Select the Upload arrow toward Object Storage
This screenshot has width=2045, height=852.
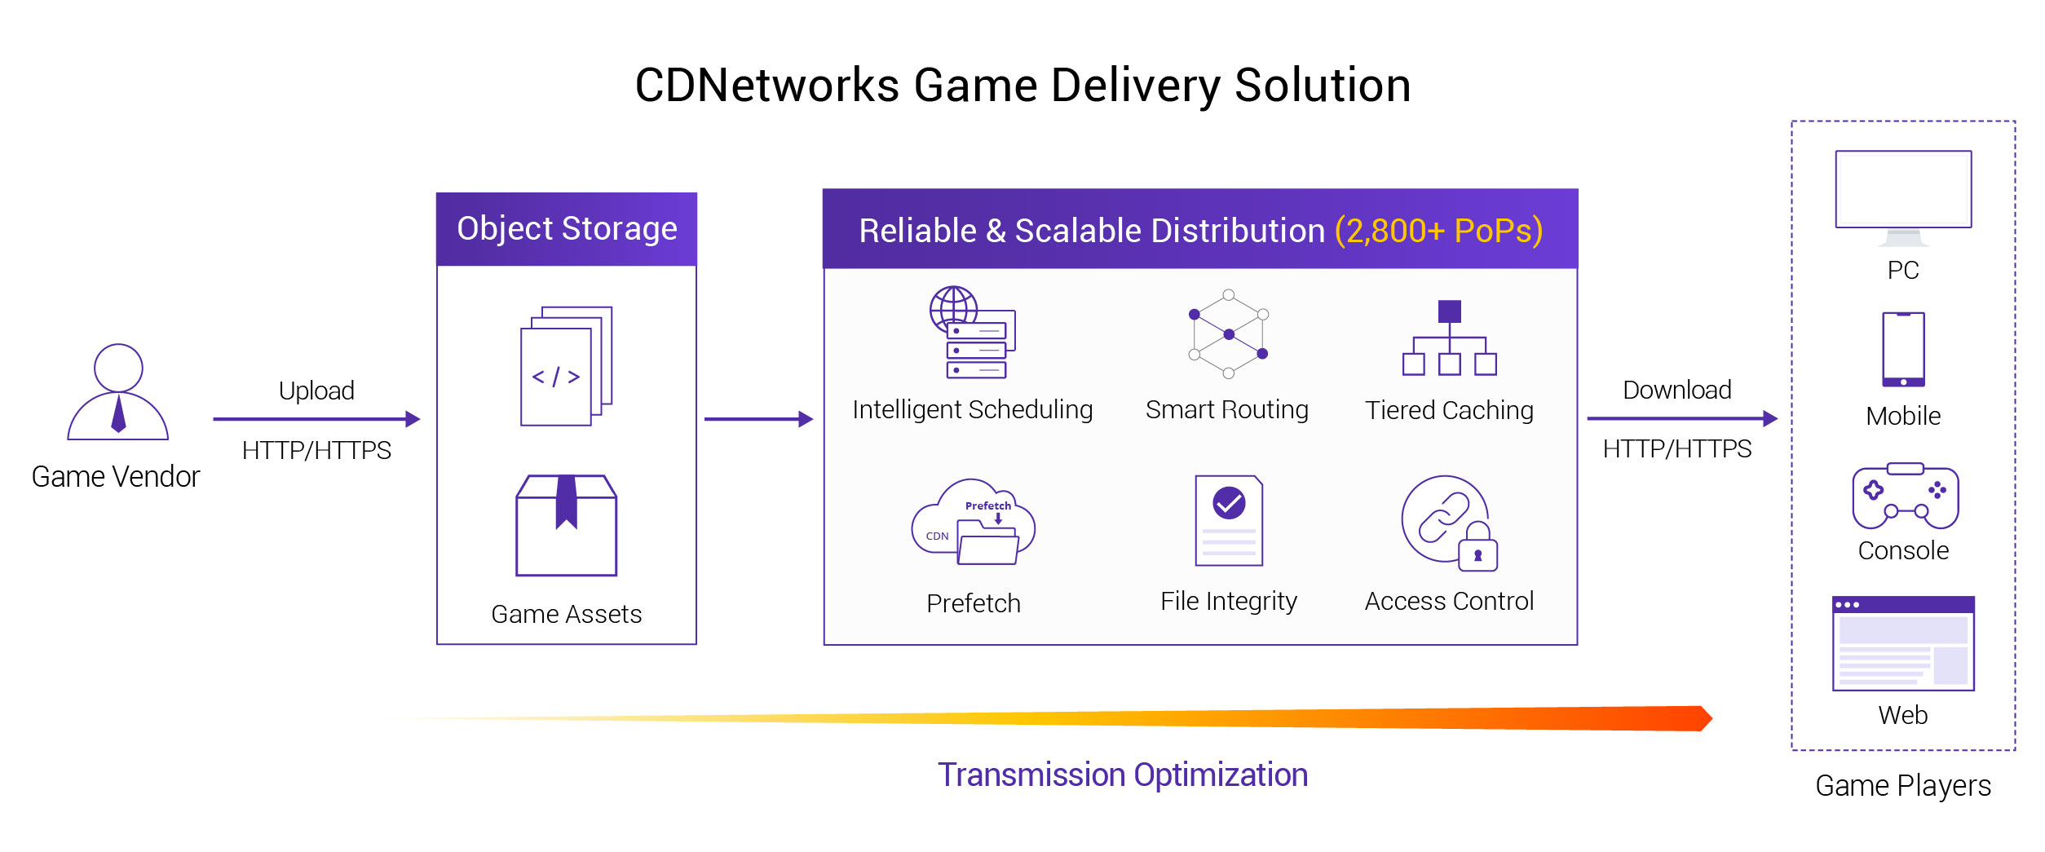316,419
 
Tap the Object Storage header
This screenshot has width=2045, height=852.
567,229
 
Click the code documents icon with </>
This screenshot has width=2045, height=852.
566,367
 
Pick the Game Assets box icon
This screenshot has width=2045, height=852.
567,526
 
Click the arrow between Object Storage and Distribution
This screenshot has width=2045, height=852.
758,419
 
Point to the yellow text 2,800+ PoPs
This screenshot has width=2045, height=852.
1438,231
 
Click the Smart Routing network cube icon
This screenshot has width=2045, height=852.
1229,334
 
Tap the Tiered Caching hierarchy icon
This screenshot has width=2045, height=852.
1449,339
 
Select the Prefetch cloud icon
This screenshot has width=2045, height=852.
974,523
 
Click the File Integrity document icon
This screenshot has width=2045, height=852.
1229,521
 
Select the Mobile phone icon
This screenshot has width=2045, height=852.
1903,350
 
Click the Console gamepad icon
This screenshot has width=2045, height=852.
1905,497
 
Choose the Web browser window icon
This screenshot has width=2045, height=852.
1903,644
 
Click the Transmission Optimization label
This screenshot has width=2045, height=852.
1122,775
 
